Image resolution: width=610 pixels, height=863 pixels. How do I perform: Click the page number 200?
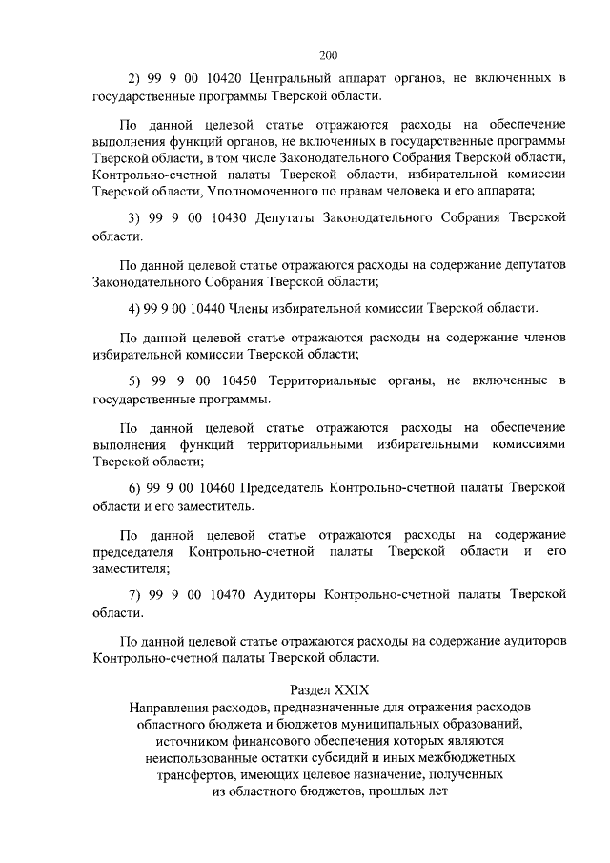click(329, 54)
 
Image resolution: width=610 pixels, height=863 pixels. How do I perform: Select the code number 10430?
click(226, 216)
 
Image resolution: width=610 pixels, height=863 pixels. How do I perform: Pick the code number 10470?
click(226, 593)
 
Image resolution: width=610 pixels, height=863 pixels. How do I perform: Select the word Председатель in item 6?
click(286, 487)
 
